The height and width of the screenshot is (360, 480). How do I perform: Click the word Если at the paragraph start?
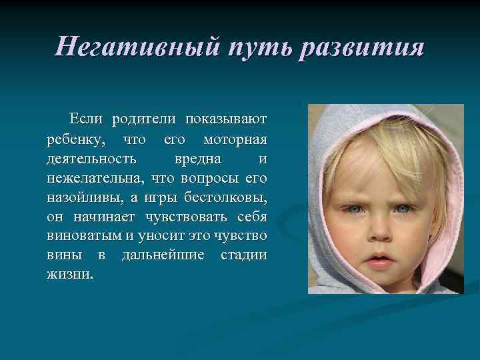87,119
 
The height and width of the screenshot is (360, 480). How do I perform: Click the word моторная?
234,139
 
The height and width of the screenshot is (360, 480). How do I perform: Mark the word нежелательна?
97,178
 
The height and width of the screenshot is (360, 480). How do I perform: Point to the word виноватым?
85,236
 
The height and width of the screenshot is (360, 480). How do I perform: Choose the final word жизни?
70,275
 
